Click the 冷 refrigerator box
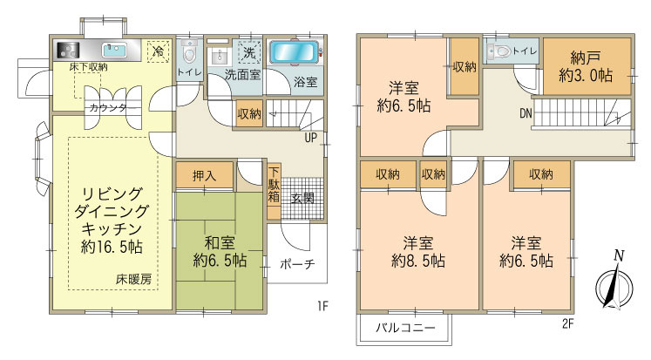pyautogui.click(x=158, y=51)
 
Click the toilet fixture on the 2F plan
pyautogui.click(x=499, y=51)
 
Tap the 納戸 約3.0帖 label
pyautogui.click(x=586, y=68)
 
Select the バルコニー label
pyautogui.click(x=404, y=329)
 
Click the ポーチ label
pyautogui.click(x=298, y=264)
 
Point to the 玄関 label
pyautogui.click(x=302, y=198)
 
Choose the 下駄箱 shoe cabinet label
pyautogui.click(x=274, y=185)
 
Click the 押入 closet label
pyautogui.click(x=203, y=175)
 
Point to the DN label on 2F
pyautogui.click(x=526, y=113)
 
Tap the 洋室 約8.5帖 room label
pyautogui.click(x=418, y=251)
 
